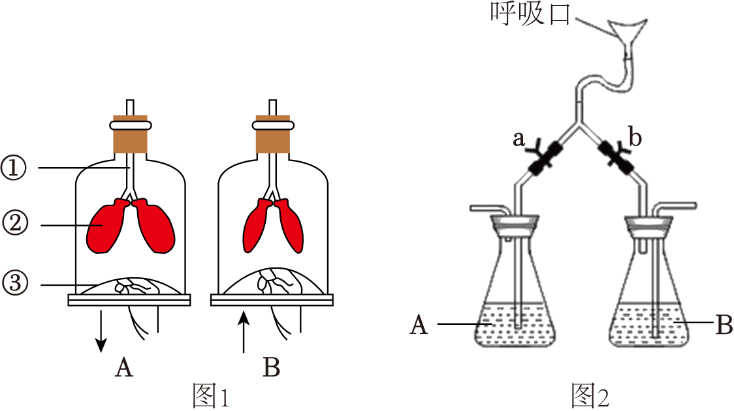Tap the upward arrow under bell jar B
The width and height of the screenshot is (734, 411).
click(244, 333)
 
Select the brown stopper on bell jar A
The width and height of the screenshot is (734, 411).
click(130, 138)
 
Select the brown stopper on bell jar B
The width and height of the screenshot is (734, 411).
click(272, 138)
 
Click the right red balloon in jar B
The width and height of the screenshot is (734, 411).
click(291, 226)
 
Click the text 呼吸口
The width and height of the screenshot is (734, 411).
click(530, 14)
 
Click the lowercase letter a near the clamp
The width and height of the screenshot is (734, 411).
click(520, 139)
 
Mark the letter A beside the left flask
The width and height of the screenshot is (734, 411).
click(419, 325)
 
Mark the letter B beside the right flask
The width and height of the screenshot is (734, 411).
click(724, 324)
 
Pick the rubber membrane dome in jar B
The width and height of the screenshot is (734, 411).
click(272, 282)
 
